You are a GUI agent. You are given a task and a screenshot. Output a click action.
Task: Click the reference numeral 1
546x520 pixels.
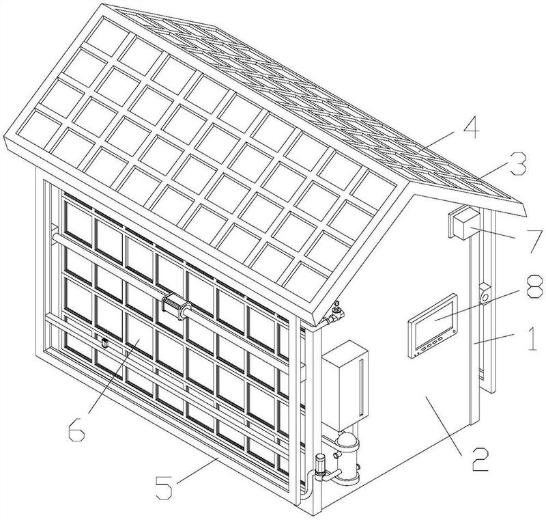tap(532, 338)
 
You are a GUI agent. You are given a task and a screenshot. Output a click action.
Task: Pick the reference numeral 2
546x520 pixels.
tap(480, 459)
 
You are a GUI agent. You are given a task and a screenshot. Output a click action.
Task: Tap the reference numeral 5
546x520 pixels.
tap(164, 487)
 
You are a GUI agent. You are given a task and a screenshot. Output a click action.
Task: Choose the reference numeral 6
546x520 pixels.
tap(76, 429)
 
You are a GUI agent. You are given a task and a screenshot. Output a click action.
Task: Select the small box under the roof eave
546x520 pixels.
tap(462, 222)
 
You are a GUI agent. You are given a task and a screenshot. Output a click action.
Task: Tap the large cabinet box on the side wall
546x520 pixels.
tap(345, 385)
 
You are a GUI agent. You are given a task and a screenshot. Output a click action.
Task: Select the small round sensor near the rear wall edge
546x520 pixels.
tap(485, 293)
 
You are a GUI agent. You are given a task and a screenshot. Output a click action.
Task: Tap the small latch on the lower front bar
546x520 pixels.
tap(104, 342)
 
